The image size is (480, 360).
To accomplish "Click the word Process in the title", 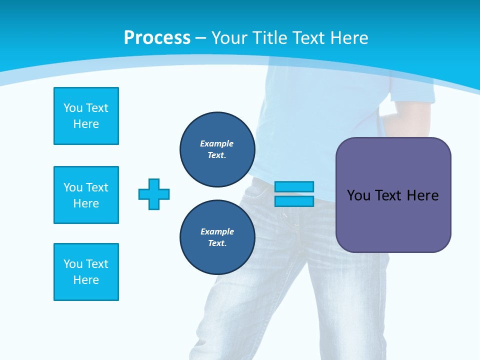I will [x=157, y=37].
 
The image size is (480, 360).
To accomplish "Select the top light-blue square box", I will [x=86, y=116].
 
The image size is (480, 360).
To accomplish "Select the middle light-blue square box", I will [x=86, y=195].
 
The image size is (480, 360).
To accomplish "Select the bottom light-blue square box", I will [x=86, y=272].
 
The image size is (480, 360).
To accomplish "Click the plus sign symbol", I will [x=154, y=194].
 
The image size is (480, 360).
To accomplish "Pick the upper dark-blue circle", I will [x=217, y=149].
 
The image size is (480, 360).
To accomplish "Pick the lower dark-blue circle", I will [x=217, y=237].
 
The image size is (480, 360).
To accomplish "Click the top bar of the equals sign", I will [x=294, y=187].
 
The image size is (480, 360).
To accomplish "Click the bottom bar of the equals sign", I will [x=294, y=201].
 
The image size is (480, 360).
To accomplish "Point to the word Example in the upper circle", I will [x=216, y=143].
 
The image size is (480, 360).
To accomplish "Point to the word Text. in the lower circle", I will [x=217, y=243].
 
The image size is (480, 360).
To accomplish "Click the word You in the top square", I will [x=72, y=108].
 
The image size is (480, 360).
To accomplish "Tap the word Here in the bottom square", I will [x=86, y=280].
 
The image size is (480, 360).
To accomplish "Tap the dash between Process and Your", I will [x=201, y=37].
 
